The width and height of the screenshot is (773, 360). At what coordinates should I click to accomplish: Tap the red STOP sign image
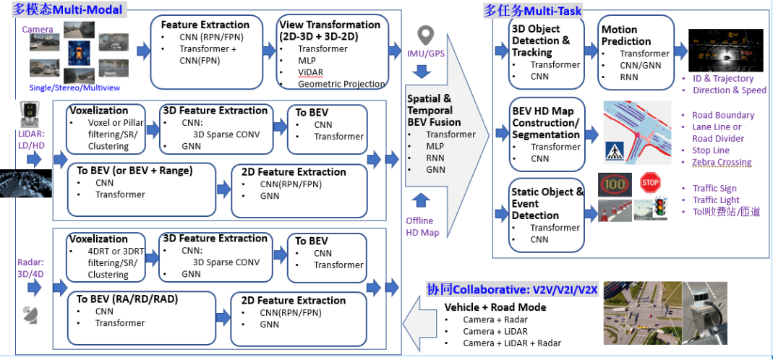650,183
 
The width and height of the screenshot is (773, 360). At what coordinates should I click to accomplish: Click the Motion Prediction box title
626,35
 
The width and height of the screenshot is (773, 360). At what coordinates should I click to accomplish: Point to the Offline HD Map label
419,226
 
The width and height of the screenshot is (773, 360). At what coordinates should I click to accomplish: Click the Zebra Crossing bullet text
722,162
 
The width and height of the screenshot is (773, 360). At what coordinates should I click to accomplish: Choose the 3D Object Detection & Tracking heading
541,40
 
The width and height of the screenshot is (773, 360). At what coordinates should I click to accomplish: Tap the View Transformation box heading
330,30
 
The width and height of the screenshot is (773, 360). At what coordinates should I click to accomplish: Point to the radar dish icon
30,314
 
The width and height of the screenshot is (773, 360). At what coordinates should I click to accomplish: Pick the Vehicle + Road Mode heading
495,307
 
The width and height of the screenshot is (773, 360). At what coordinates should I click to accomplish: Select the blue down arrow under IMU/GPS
422,72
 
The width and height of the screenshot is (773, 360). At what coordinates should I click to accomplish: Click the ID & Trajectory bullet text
722,78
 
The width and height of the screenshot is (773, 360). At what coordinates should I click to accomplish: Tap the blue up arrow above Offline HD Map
422,200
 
